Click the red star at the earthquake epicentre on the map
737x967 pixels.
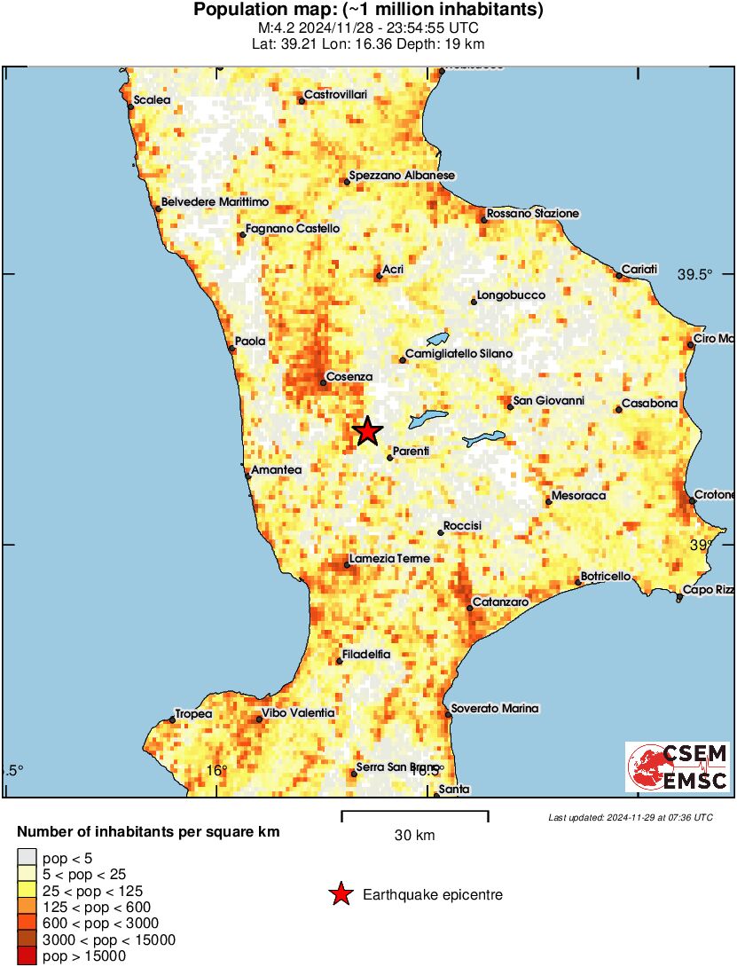click(x=367, y=432)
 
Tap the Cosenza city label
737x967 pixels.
click(x=349, y=377)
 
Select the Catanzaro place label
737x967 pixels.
click(x=500, y=602)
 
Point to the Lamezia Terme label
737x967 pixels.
click(x=389, y=559)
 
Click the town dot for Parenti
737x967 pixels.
click(x=390, y=458)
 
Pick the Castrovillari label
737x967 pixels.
click(x=335, y=94)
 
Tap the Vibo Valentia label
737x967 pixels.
click(x=298, y=712)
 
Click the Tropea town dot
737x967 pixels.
click(x=172, y=719)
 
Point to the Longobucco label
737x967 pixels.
click(x=511, y=295)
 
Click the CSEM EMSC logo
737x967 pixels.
click(x=678, y=767)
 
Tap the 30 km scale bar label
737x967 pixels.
click(x=414, y=835)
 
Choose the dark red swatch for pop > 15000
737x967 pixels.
click(x=27, y=955)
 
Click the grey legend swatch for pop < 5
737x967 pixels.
click(x=27, y=858)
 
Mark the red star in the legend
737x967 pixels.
click(x=341, y=895)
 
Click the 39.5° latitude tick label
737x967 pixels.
click(x=695, y=275)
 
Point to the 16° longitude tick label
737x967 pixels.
click(x=217, y=770)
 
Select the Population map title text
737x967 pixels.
click(x=368, y=11)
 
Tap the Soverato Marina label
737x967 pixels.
click(x=495, y=708)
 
